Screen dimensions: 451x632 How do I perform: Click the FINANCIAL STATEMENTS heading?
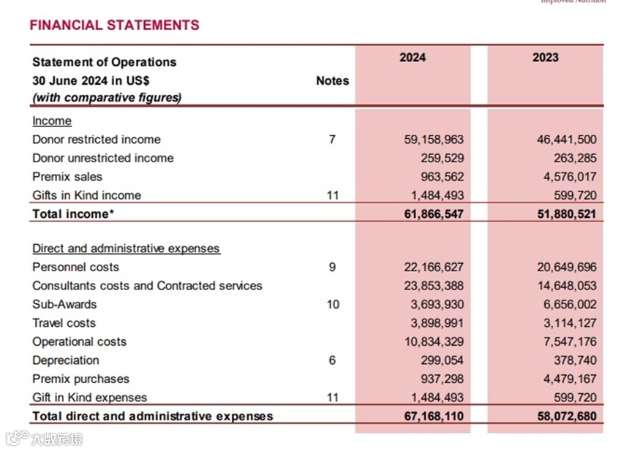coord(114,25)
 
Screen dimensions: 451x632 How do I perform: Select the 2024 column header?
coord(413,58)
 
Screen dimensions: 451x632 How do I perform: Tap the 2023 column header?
coord(545,58)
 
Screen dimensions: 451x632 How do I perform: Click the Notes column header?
coord(332,80)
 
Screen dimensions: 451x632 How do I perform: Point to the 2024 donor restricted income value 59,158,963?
coord(434,140)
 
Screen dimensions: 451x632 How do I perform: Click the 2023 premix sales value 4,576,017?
coord(567,177)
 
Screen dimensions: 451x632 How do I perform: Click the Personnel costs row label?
coord(75,268)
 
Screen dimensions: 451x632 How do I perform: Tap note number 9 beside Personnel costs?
coord(332,268)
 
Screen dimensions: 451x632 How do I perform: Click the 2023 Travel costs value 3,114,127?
coord(567,323)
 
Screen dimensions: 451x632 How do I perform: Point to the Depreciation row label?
coord(66,360)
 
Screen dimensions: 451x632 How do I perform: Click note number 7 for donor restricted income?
coord(332,140)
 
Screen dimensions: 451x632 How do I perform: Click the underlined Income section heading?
coord(52,121)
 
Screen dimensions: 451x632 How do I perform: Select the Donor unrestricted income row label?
coord(103,158)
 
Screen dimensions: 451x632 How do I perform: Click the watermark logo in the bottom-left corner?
coord(44,439)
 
